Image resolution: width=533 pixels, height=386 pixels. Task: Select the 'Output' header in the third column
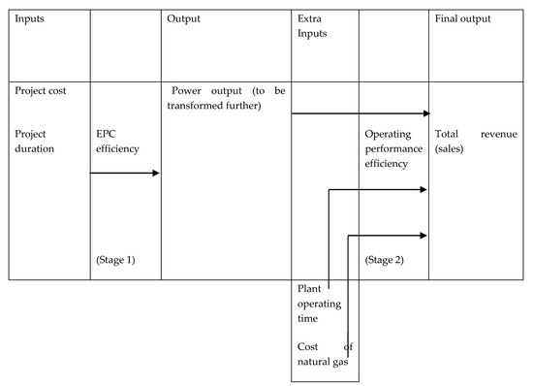click(184, 18)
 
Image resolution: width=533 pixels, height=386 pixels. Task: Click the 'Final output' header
click(463, 18)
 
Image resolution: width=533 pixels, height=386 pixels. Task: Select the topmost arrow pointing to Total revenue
click(359, 113)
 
